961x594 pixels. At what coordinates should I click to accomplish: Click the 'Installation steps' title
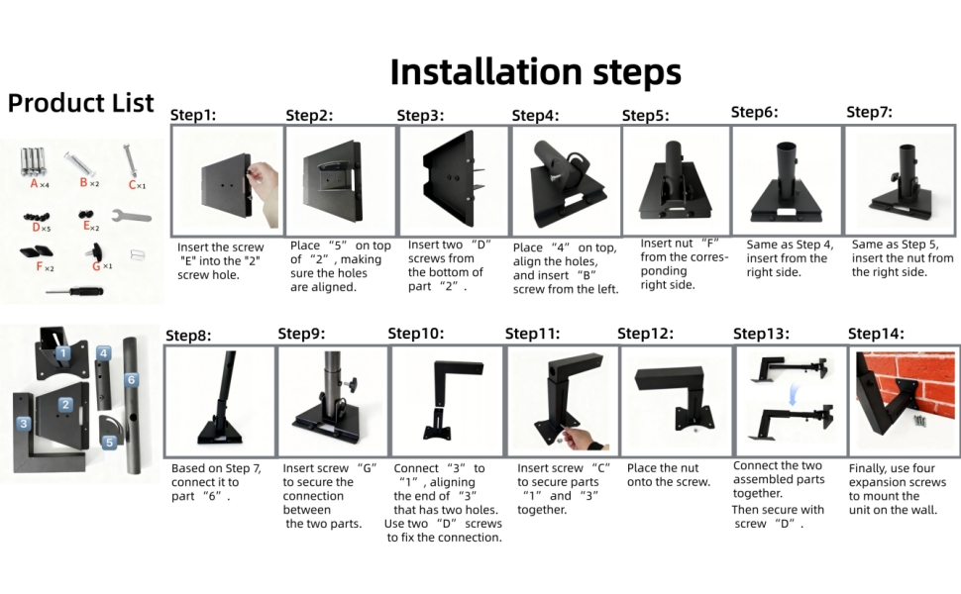point(535,72)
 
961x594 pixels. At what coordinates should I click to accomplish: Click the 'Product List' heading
point(81,103)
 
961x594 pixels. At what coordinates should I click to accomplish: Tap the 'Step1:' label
point(193,115)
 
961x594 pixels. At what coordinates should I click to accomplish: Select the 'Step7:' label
point(869,112)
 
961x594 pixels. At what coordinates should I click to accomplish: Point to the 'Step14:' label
point(876,334)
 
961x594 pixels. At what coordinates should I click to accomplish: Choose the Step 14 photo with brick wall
point(904,400)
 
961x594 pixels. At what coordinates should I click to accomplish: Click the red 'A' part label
point(34,184)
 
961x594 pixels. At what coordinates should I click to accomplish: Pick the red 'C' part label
point(132,184)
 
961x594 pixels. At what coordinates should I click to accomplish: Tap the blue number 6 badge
point(130,379)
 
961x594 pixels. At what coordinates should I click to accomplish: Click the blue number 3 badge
point(23,423)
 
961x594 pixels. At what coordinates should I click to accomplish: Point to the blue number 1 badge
point(61,351)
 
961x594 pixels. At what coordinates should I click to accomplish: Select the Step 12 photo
point(675,400)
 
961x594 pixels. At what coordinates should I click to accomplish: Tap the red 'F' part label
point(41,267)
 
